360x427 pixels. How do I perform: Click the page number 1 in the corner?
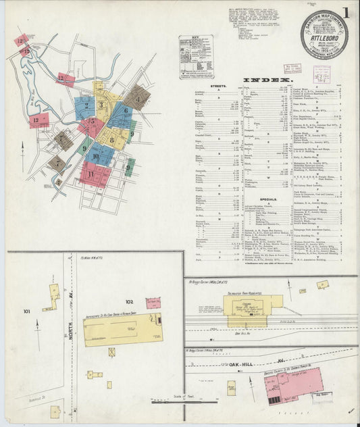pyautogui.click(x=345, y=13)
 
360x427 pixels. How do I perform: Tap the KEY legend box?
pyautogui.click(x=196, y=57)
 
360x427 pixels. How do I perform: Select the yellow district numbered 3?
pyautogui.click(x=101, y=105)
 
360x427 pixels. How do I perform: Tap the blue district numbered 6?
pyautogui.click(x=122, y=113)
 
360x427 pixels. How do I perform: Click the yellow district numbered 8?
pyautogui.click(x=112, y=139)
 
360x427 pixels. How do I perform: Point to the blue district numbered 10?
pyautogui.click(x=99, y=155)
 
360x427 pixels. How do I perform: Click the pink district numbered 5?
pyautogui.click(x=92, y=124)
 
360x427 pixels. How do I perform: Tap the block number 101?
pyautogui.click(x=27, y=311)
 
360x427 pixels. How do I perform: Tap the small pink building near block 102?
pyautogui.click(x=153, y=303)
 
